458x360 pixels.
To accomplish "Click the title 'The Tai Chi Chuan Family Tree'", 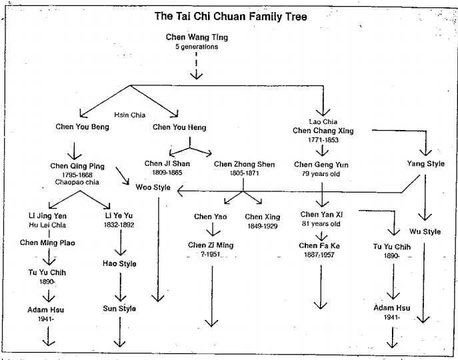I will click(231, 17).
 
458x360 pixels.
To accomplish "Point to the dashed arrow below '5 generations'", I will click(196, 67).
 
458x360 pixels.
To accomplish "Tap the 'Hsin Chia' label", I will click(129, 115).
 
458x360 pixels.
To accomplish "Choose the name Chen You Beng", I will click(83, 127).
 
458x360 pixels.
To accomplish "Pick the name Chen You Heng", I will click(179, 127).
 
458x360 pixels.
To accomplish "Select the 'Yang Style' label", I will click(426, 164).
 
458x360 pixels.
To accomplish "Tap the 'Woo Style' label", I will click(153, 188).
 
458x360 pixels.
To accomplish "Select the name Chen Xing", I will click(263, 217).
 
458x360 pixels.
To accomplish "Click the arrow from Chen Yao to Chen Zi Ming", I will click(212, 231).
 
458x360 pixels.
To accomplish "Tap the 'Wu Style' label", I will click(425, 232).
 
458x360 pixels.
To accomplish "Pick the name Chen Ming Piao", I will click(49, 243).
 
